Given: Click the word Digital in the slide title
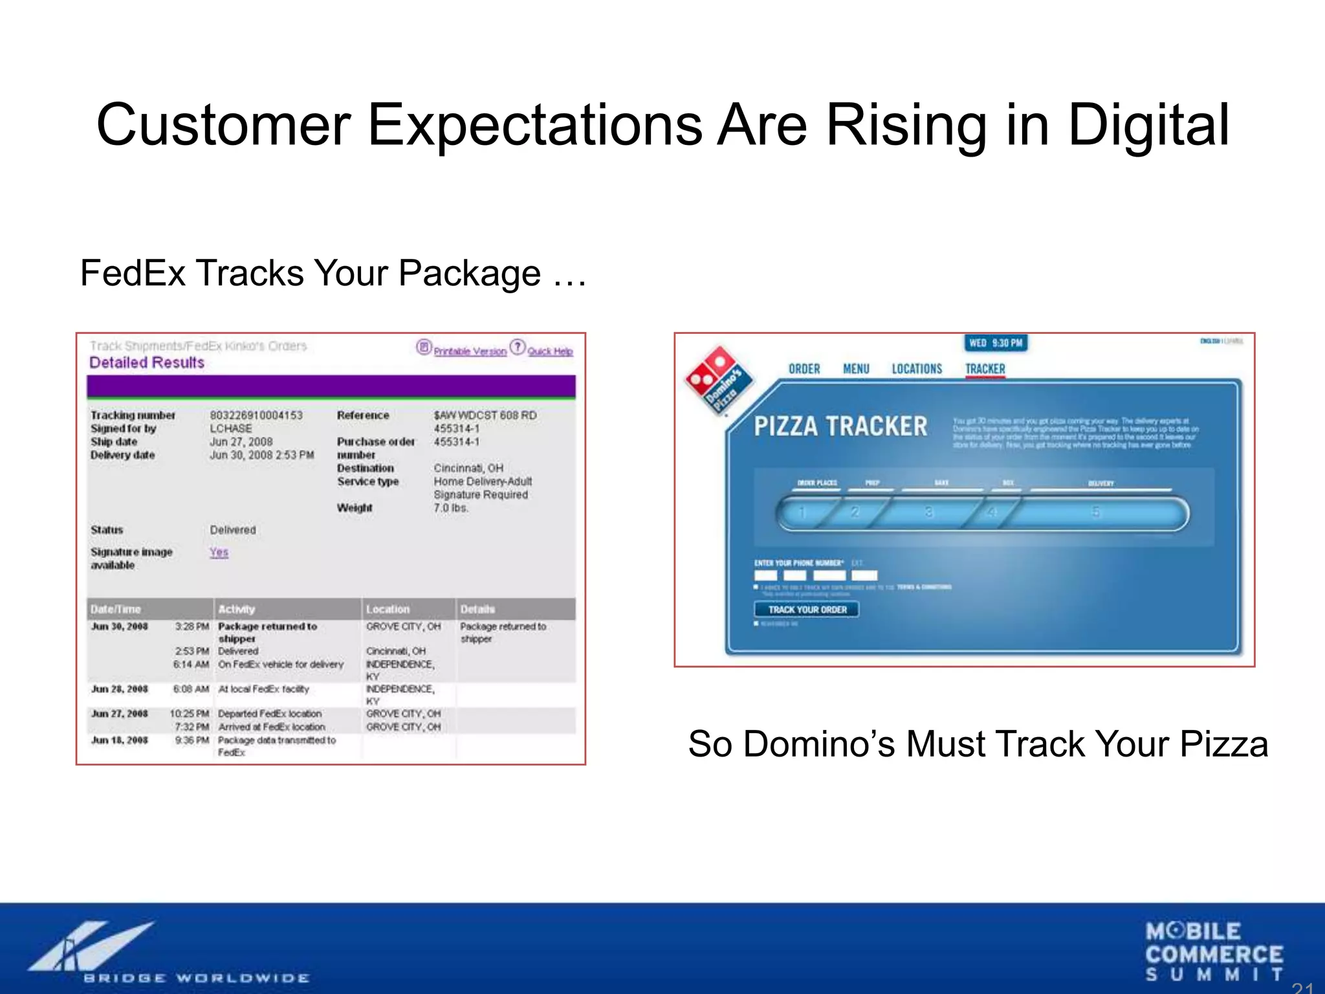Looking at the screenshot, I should point(1148,126).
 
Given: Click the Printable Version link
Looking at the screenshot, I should point(470,351).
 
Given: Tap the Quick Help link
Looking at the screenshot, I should point(550,351).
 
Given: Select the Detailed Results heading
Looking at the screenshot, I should point(147,362).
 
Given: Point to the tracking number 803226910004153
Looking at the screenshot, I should point(256,415).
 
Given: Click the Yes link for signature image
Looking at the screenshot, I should point(219,552).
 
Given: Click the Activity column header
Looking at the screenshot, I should point(237,609).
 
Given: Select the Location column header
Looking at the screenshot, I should point(388,609).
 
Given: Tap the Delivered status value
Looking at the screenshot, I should point(233,529).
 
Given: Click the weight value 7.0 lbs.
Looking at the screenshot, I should point(451,508).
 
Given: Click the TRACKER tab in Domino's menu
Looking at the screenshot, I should point(985,369).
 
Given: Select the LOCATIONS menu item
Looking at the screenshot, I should point(917,369).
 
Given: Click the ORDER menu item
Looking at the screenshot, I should point(804,369).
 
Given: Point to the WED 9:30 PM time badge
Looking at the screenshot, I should point(996,343).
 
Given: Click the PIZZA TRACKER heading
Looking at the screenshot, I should point(840,426).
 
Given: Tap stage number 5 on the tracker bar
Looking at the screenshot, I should point(1096,513).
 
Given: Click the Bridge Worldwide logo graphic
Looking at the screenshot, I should point(91,946).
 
